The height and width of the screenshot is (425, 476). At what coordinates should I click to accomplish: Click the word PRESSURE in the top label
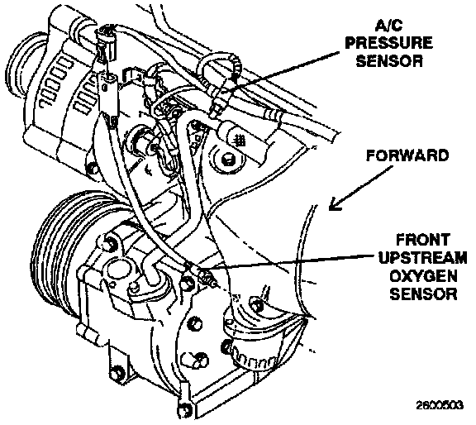click(389, 42)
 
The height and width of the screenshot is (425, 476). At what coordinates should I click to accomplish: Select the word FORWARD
click(407, 155)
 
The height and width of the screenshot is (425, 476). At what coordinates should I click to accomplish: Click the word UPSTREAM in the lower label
click(422, 258)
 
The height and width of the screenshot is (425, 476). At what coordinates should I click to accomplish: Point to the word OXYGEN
click(423, 276)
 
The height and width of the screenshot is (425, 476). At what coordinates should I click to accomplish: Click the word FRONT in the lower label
click(423, 240)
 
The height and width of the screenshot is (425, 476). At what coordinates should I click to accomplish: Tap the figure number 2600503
click(440, 405)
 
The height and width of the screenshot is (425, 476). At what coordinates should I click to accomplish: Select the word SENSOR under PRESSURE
click(389, 60)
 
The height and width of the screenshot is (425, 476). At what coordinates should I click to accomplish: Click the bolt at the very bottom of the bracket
click(184, 412)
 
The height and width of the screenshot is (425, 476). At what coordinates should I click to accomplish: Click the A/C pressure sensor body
click(219, 103)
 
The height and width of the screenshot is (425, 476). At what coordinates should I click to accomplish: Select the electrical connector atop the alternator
click(107, 45)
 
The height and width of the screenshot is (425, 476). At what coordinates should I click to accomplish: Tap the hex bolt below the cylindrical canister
click(228, 159)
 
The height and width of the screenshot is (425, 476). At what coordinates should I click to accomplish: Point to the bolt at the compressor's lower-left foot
click(117, 372)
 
